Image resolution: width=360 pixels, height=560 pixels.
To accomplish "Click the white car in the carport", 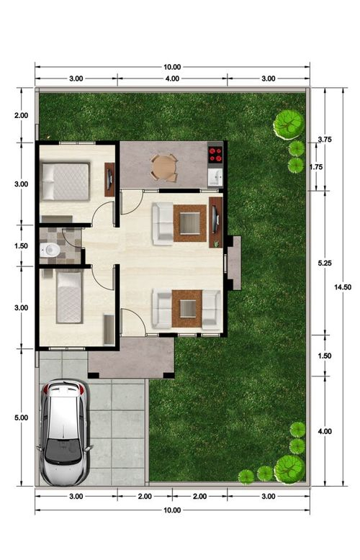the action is [64, 433].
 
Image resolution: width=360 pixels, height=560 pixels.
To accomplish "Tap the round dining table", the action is [164, 167].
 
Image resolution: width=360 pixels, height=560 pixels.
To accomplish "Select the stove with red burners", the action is [215, 155].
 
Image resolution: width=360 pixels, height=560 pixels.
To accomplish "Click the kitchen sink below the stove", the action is [215, 176].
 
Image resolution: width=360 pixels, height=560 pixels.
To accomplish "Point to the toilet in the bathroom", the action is [50, 250].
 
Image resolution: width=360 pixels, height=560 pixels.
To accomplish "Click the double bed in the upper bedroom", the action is [66, 181].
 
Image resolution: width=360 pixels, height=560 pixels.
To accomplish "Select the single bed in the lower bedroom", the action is [70, 297].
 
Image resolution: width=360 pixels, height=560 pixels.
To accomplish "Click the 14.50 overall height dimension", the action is [343, 286].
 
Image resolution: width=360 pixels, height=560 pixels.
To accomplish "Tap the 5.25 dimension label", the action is [325, 263].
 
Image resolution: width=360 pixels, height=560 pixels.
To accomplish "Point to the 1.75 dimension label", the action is [316, 167].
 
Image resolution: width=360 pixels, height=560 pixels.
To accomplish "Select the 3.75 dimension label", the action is [325, 140].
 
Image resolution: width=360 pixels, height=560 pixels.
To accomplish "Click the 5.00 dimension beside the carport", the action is [21, 417].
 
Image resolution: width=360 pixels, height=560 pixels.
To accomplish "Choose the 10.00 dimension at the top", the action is [172, 67].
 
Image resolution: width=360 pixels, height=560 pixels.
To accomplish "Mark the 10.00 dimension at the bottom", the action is [172, 510].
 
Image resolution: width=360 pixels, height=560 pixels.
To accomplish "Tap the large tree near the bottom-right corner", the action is [289, 469].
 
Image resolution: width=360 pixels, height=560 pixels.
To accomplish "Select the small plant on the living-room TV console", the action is [216, 244].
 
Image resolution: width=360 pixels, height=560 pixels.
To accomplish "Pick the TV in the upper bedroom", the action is [109, 179].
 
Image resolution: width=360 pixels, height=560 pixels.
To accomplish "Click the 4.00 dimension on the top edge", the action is [172, 78].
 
